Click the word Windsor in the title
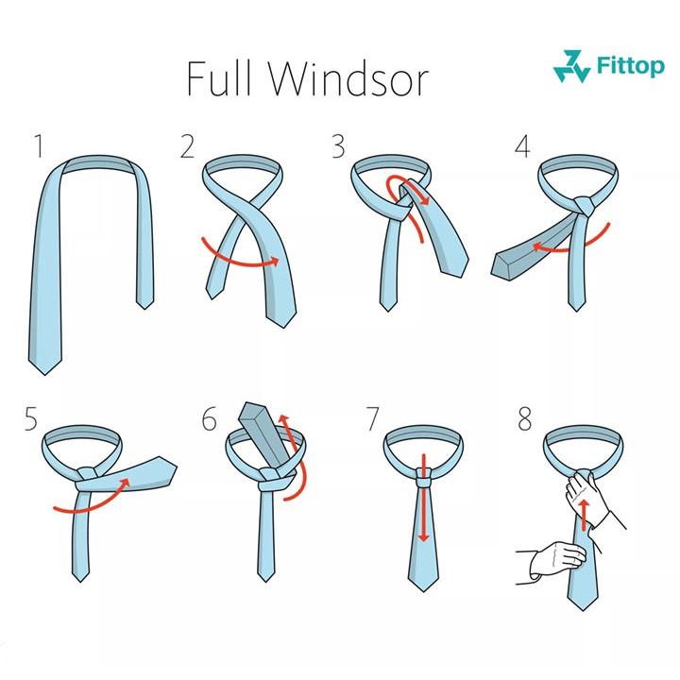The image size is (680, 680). coord(348,79)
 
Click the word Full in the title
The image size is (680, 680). coord(219,78)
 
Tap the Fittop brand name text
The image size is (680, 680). coord(630,65)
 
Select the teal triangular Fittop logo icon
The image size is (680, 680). coord(571,66)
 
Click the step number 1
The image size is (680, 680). coord(39,146)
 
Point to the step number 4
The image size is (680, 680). coord(522,146)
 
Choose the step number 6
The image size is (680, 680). coord(209,419)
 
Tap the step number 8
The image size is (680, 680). coord(524,419)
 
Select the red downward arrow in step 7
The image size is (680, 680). coord(424,497)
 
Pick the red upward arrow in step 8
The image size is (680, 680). coord(585,515)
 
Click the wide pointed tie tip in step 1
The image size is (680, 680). coord(45,365)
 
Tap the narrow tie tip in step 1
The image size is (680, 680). coord(144,302)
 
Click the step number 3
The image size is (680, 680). coord(338,146)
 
